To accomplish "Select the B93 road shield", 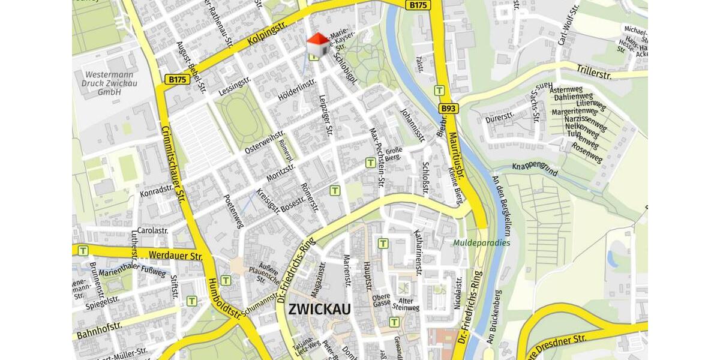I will [x=448, y=109].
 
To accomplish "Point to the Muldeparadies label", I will [x=482, y=243].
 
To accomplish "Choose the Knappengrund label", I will [x=535, y=170].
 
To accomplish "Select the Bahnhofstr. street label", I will [x=100, y=331].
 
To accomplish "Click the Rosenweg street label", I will [x=586, y=153].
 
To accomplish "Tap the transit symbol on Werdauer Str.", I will [x=83, y=250].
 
